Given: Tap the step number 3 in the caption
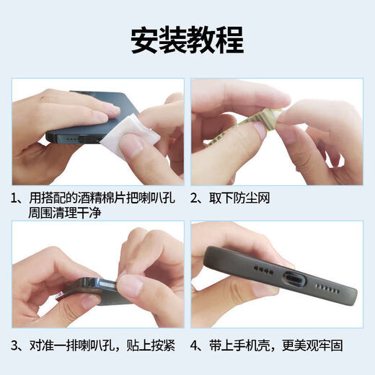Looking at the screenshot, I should click(x=15, y=344).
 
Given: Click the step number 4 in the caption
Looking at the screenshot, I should click(x=195, y=344).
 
